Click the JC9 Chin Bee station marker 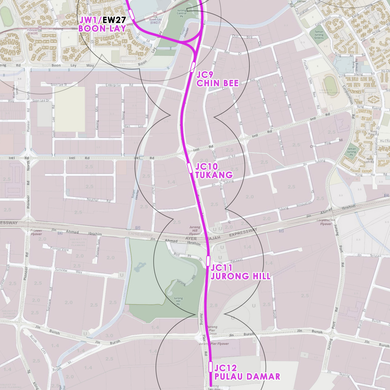[193, 67]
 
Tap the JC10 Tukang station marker [190, 168]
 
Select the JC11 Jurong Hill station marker [208, 261]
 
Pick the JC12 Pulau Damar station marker [211, 367]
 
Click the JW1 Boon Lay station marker [131, 14]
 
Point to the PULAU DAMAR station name [247, 376]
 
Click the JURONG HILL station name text [241, 276]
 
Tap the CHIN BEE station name [217, 83]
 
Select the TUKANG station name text [214, 175]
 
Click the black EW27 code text [114, 20]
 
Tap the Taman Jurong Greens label [319, 35]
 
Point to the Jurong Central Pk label [182, 13]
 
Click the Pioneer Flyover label [36, 232]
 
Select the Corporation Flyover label [326, 222]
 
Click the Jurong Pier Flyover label [214, 344]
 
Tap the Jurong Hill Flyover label [195, 230]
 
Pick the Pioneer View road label [60, 249]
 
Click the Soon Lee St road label [59, 85]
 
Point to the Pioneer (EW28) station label [33, 31]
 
